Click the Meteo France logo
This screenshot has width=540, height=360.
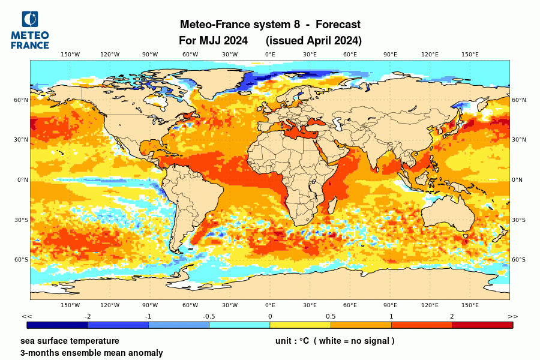tap(30, 30)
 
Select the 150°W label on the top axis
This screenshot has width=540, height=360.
tap(70, 55)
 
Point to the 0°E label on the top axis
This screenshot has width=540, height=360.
tap(270, 55)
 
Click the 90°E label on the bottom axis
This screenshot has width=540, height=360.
tap(390, 305)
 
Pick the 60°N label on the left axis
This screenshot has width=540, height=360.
tap(22, 100)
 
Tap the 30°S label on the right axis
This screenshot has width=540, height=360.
tap(518, 220)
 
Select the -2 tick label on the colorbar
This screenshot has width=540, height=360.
tap(88, 316)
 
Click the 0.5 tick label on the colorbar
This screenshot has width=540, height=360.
tap(331, 316)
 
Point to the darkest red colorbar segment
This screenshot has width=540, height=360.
tap(482, 325)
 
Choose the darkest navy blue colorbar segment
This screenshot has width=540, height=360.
tap(58, 325)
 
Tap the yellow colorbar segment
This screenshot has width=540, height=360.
tap(300, 325)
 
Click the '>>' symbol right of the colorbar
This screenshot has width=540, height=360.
tap(512, 316)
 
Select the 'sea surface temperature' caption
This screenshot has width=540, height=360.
tap(70, 341)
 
